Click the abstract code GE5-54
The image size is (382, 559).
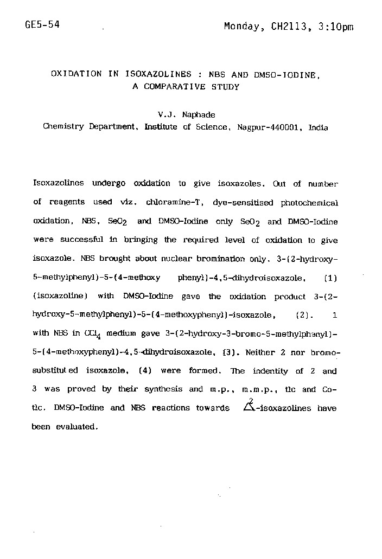42,25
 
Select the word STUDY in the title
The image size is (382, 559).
225,87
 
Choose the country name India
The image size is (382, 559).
318,127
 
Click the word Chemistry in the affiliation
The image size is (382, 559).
64,127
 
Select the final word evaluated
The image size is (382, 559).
77,427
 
